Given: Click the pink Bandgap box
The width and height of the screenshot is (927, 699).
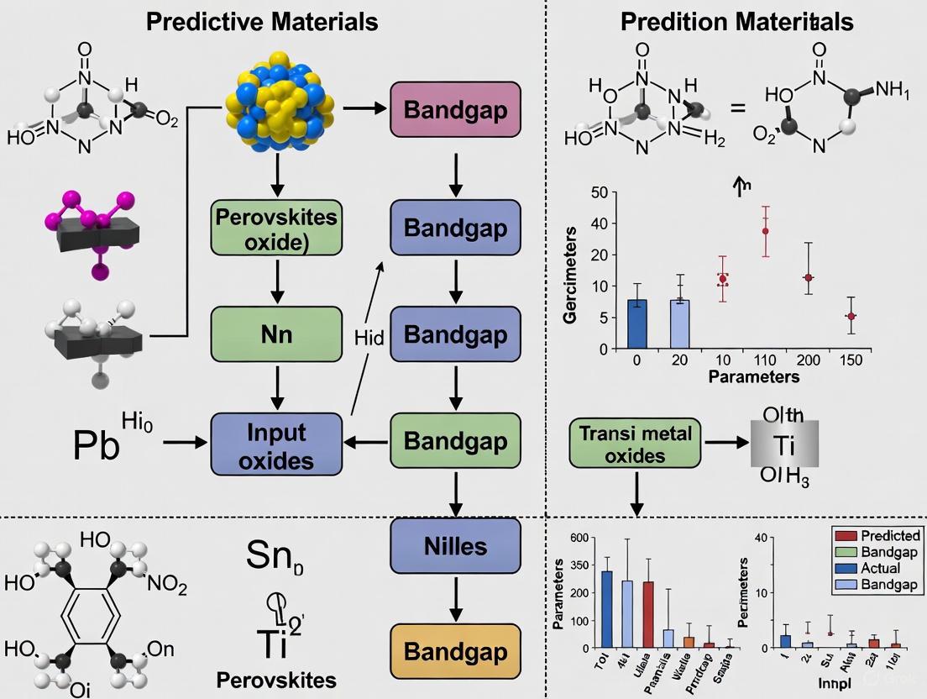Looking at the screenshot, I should point(455,110).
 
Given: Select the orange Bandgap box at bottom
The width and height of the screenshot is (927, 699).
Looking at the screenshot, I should point(454,651).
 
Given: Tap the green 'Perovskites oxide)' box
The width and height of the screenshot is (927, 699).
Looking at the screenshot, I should point(276,229).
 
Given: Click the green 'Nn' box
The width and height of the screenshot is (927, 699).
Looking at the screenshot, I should point(276,334).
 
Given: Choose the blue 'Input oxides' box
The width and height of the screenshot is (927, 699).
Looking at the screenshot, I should point(276,444).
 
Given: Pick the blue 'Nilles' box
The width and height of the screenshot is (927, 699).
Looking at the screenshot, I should point(454,547).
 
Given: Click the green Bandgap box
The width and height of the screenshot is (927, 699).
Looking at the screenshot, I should point(454,441).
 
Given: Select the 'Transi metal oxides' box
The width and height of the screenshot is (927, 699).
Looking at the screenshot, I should point(636,444).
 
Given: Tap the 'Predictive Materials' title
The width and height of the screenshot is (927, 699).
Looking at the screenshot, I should point(262,22).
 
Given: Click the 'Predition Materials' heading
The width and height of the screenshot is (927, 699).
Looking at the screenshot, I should point(736,22).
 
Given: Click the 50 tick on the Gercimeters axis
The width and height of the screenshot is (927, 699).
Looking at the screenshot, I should point(598,194).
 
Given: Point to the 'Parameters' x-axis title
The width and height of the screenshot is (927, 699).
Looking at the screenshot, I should point(753,377).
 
